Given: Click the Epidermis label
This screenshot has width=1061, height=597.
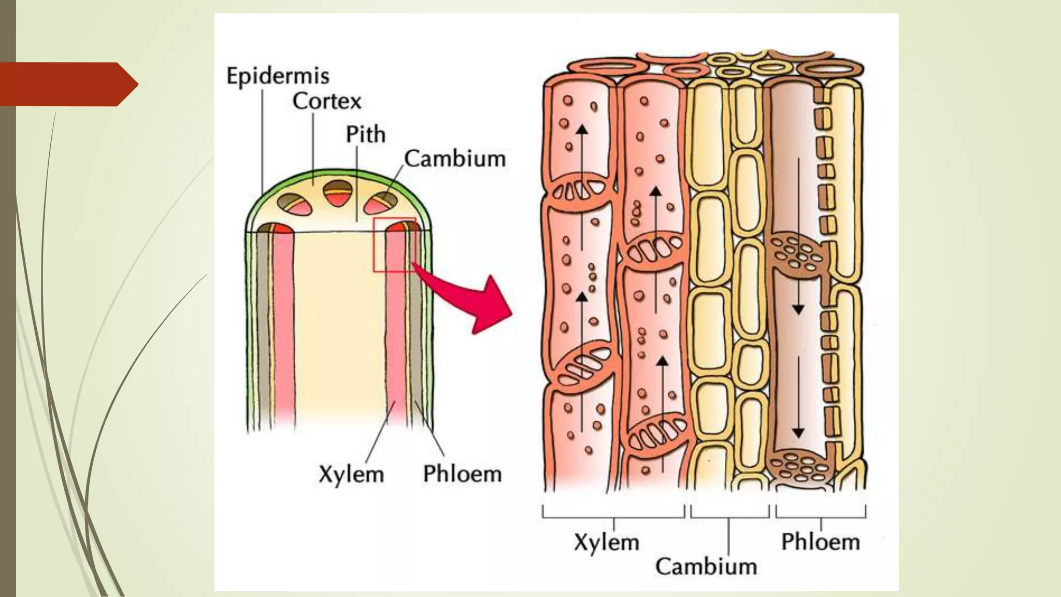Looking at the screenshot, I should [278, 76].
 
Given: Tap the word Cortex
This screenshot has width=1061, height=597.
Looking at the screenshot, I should [326, 101].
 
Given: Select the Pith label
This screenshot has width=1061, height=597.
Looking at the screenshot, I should [365, 135].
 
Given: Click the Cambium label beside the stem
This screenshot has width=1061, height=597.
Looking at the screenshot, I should [454, 159].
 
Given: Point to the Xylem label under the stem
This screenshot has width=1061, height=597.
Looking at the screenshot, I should [351, 474].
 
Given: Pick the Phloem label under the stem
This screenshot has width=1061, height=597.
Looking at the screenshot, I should [462, 474].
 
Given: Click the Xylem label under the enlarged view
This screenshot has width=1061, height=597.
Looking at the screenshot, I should [606, 543].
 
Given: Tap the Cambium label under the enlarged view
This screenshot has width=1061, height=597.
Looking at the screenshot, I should [706, 566].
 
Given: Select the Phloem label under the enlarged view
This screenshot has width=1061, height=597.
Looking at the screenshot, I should [820, 542].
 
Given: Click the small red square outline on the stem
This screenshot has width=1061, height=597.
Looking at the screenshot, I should [394, 245].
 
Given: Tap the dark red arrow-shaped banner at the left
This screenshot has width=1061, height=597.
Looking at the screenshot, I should [67, 84].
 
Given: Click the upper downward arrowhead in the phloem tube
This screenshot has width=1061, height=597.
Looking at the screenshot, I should [798, 309].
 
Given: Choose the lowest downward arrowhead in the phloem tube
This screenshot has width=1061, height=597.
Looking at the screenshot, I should [798, 433].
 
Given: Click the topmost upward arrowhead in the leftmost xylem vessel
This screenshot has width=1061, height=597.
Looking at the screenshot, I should [583, 129].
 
